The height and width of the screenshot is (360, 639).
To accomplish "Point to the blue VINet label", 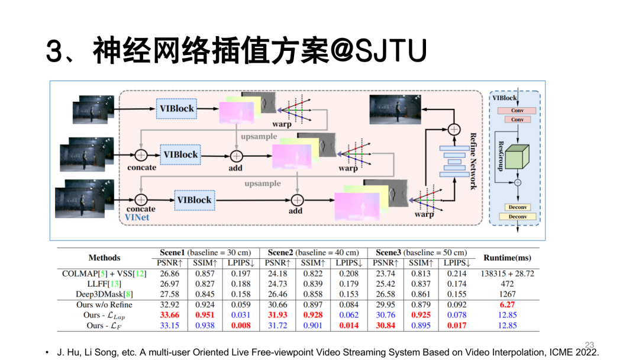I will pos(137,217).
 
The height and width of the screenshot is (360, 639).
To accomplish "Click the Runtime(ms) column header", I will pos(508,258).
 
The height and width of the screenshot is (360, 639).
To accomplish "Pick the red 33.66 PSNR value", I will pos(169,315).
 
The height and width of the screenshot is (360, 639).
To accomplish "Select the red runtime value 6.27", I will pos(508,304).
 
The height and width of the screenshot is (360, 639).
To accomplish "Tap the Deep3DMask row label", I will pos(104,294).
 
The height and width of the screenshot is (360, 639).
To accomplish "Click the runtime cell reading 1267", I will pos(508,294).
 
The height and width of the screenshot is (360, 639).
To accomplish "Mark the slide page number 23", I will pos(589,344).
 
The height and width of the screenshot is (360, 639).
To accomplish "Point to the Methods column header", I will pos(104,258).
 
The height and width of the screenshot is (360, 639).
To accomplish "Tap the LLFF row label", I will pos(104,284).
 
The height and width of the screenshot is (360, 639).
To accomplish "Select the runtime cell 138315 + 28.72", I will pos(508,274).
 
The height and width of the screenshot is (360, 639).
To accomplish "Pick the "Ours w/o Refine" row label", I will pos(104,304).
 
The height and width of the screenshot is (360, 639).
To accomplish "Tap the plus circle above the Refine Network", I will pos(453,129).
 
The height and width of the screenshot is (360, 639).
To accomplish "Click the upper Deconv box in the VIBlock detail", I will pos(517,207).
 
